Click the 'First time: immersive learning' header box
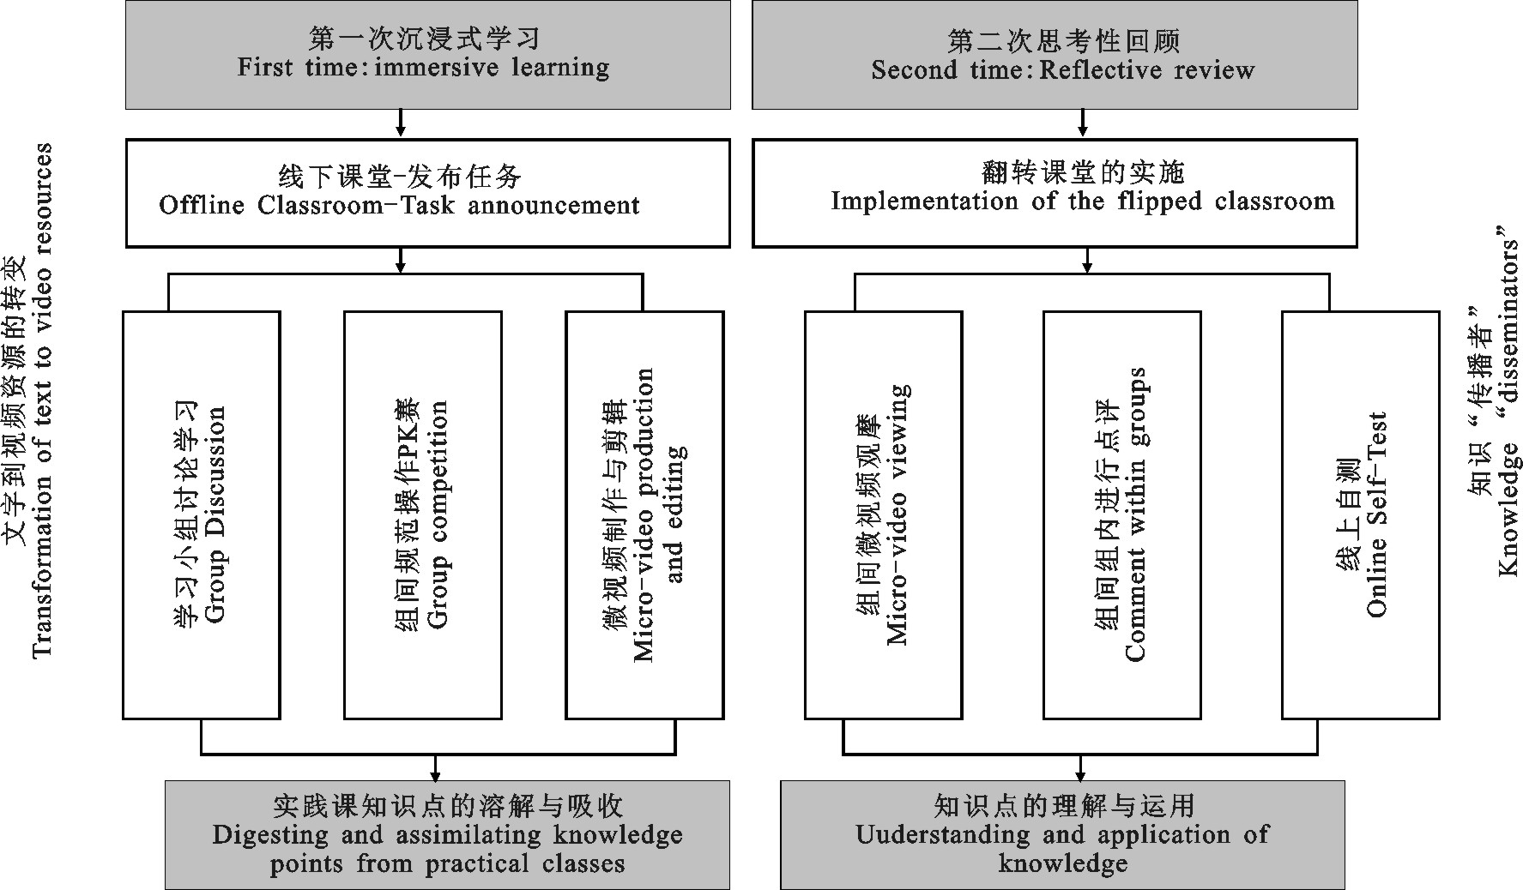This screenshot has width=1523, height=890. click(x=427, y=54)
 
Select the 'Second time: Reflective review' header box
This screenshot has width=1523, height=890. click(x=1055, y=54)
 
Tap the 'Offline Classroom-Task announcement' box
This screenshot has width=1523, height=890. click(x=427, y=193)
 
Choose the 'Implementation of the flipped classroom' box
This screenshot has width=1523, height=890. click(x=1055, y=193)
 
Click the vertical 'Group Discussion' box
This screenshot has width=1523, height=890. click(x=202, y=514)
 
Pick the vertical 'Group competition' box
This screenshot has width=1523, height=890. click(x=422, y=514)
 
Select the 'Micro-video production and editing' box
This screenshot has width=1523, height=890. click(x=644, y=514)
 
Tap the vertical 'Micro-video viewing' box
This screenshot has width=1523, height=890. click(x=883, y=514)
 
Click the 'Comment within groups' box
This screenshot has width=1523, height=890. click(x=1121, y=514)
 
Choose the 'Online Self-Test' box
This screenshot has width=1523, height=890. click(x=1360, y=514)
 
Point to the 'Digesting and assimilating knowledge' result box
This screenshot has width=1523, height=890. click(x=447, y=834)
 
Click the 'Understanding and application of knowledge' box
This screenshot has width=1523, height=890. click(x=1062, y=834)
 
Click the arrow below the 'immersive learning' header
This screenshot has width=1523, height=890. click(x=400, y=124)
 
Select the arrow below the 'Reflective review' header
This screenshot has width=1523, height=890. click(x=1083, y=124)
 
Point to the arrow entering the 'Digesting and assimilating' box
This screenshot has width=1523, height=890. click(x=436, y=768)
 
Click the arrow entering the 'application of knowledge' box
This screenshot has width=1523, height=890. click(x=1080, y=768)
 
